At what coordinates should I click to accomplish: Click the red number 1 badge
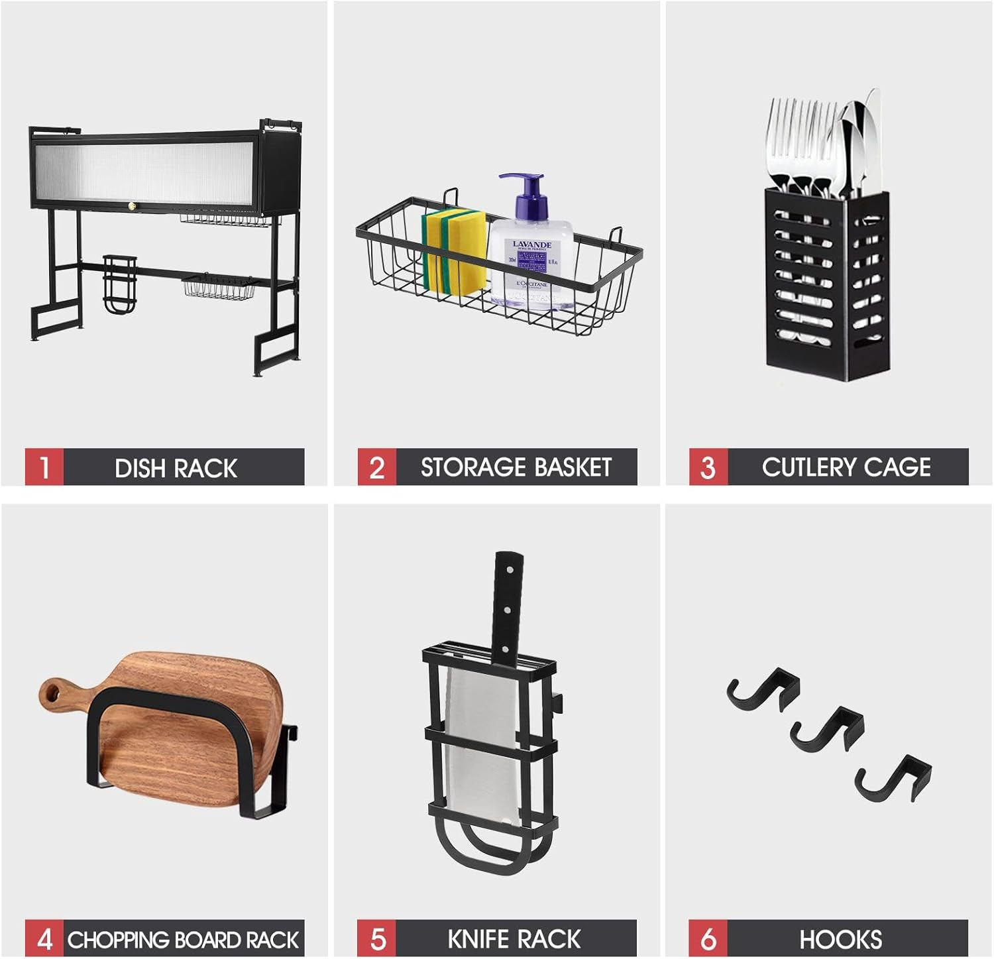pyautogui.click(x=44, y=467)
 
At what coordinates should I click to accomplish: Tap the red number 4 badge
pyautogui.click(x=44, y=939)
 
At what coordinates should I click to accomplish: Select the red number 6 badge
pyautogui.click(x=708, y=939)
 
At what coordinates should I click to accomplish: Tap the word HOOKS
pyautogui.click(x=840, y=939)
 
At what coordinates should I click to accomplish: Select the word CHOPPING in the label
pyautogui.click(x=119, y=940)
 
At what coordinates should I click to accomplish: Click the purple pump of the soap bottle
pyautogui.click(x=525, y=192)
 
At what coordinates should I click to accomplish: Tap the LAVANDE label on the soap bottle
pyautogui.click(x=531, y=245)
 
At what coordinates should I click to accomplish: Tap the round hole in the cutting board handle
pyautogui.click(x=52, y=693)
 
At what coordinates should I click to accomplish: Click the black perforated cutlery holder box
pyautogui.click(x=826, y=285)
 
